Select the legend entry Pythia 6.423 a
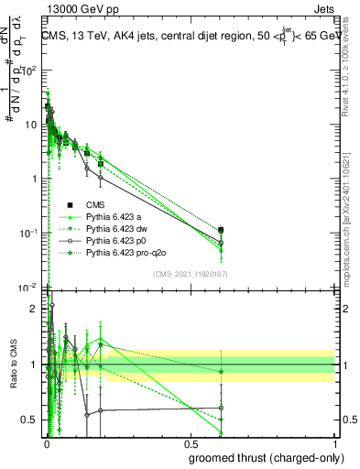click(115, 216)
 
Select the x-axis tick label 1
click(334, 443)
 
